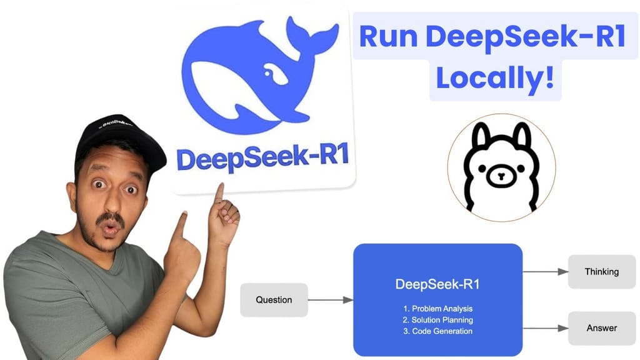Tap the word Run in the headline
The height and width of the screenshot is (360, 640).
pos(391,37)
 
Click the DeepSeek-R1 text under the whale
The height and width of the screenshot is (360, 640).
pos(262,159)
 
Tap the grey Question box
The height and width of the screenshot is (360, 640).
pos(274,300)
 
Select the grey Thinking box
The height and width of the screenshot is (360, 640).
pos(601,272)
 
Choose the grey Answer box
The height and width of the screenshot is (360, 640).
pos(601,328)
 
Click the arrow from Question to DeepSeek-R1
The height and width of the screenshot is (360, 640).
pos(331,300)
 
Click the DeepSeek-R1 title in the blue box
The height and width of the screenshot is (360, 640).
pos(437,285)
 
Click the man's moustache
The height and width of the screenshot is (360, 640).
pos(111,219)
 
